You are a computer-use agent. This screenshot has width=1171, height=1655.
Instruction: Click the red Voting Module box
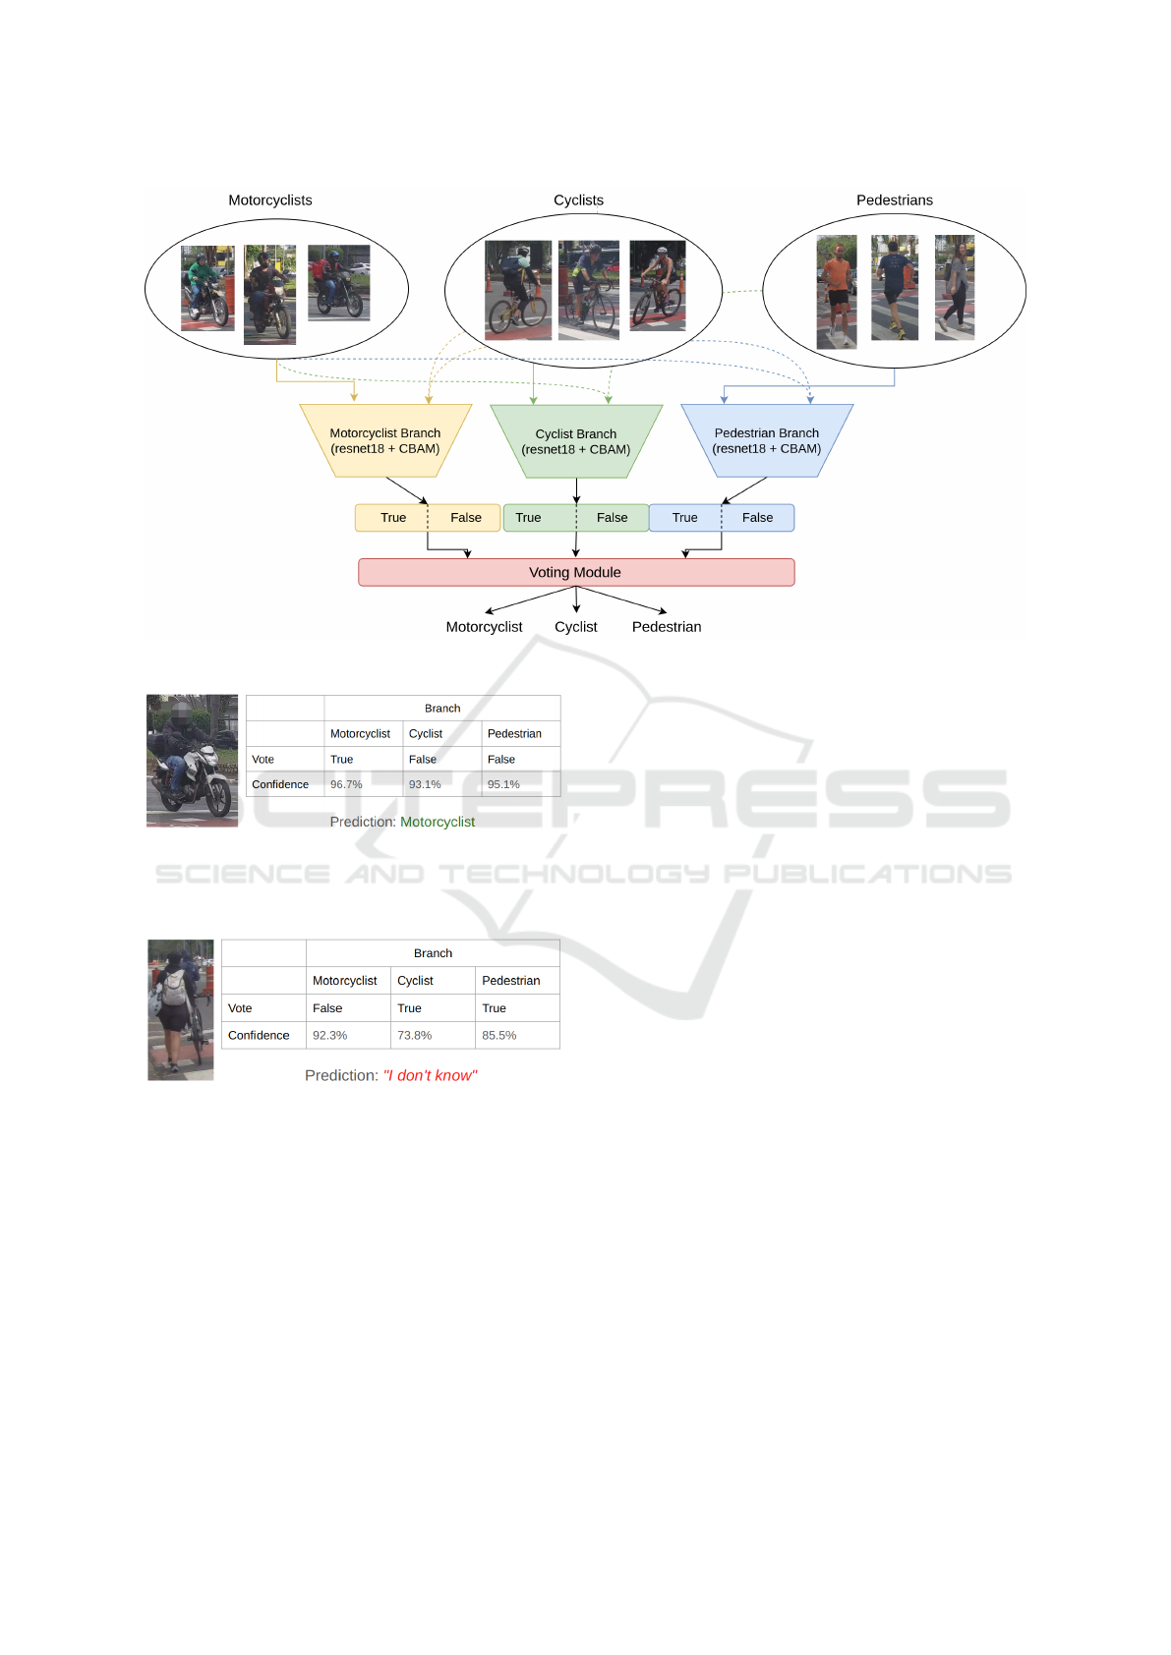(576, 572)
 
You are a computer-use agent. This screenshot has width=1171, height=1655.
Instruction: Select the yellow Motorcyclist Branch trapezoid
(385, 441)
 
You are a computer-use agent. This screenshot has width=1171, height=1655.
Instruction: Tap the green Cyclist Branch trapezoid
(576, 441)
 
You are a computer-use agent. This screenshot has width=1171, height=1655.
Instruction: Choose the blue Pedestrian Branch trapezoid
(767, 441)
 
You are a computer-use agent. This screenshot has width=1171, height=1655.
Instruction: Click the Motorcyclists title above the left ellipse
(270, 200)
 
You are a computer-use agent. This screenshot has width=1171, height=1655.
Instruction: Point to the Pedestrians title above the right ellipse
(895, 200)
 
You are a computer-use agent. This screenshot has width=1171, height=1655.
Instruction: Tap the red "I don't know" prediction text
(430, 1076)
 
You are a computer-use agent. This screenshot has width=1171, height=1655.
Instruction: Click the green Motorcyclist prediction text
(438, 822)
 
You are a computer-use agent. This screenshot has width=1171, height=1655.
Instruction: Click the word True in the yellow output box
(393, 518)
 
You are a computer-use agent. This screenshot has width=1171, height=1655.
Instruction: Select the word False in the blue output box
(757, 518)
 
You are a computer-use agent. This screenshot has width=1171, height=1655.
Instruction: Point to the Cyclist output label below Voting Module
(576, 627)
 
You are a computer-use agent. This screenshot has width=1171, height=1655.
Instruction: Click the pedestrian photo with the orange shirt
(837, 292)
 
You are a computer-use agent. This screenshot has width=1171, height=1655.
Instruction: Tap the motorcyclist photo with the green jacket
(207, 288)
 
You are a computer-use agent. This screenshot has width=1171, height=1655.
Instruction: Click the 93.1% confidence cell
(425, 784)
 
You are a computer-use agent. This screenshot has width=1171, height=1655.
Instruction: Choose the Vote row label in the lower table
(240, 1008)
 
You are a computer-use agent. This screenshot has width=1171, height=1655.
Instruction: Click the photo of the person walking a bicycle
(181, 1010)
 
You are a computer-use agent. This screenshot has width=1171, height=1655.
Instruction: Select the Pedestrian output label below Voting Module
(667, 627)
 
